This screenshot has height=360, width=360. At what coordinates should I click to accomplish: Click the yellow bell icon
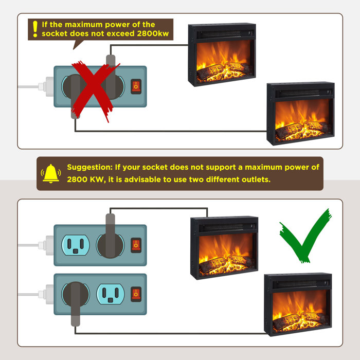pos(51,173)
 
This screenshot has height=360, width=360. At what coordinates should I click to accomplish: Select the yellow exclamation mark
pos(35,29)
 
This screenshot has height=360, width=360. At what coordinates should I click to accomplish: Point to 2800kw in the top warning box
pos(153,33)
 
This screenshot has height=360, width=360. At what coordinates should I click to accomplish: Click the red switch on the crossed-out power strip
pos(136,86)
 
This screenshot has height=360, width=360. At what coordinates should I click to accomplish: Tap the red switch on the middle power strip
pos(136,245)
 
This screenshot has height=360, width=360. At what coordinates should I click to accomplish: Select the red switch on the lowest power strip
pos(136,294)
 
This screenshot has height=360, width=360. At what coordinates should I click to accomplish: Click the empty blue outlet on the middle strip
pos(76,245)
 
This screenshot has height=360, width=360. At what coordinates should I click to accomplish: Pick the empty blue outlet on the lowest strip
pos(111,294)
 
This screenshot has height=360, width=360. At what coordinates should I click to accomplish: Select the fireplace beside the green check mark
pos(224,248)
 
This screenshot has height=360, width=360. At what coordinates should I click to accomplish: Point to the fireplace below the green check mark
pos(298,304)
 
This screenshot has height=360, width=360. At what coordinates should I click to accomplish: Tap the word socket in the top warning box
pos(55,33)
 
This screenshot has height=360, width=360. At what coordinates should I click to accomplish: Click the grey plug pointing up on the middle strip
pos(111,236)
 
